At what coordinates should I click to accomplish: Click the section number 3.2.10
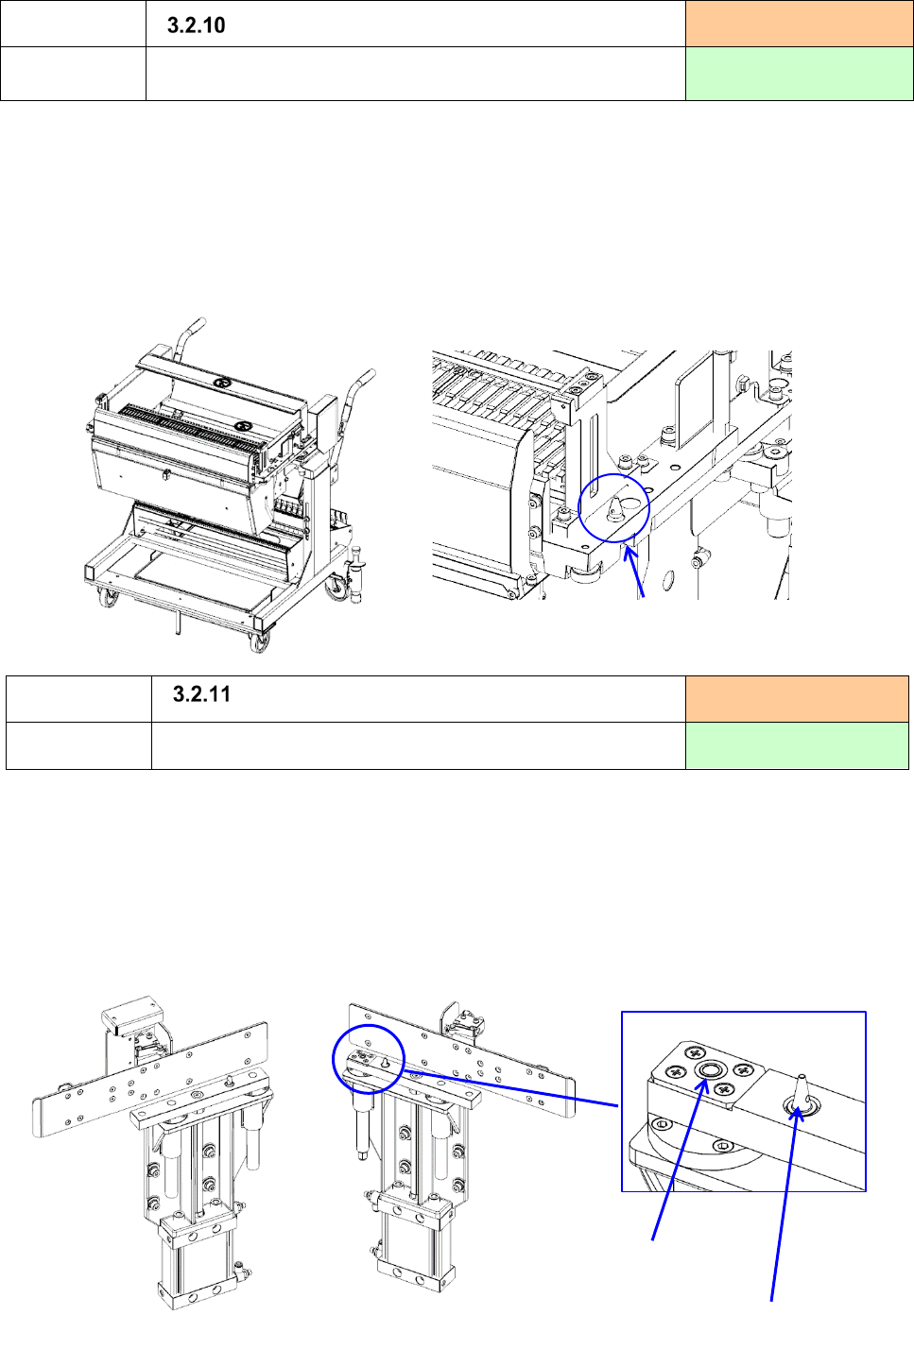196,26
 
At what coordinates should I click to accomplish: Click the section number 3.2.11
201,694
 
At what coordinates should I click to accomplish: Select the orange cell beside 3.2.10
799,24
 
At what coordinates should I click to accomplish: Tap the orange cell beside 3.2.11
797,699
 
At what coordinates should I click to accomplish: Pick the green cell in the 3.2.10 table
799,74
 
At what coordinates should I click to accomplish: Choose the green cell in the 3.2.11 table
797,745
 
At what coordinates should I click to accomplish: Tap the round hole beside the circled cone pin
630,502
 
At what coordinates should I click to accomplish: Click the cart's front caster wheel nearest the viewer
260,642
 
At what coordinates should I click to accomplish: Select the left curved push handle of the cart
188,336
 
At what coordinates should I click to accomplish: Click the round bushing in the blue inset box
709,1070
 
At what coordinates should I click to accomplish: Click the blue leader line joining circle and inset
511,1088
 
